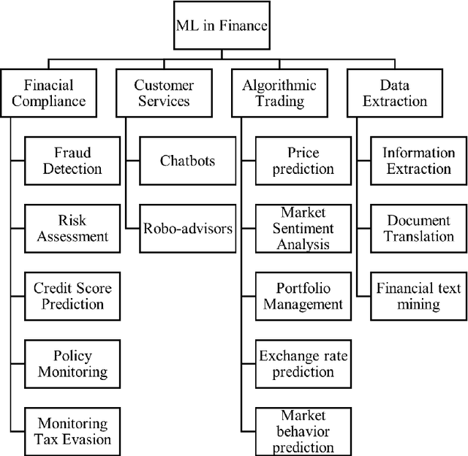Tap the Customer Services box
pyautogui.click(x=164, y=93)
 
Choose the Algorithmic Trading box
pyautogui.click(x=279, y=93)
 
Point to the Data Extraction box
pyautogui.click(x=395, y=93)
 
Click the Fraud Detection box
pyautogui.click(x=72, y=161)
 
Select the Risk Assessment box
pyautogui.click(x=72, y=228)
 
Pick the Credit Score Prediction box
pyautogui.click(x=72, y=295)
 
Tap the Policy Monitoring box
pyautogui.click(x=72, y=363)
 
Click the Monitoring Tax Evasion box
pyautogui.click(x=72, y=430)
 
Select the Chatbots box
pyautogui.click(x=188, y=160)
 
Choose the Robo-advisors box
pyautogui.click(x=188, y=228)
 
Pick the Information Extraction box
pyautogui.click(x=419, y=161)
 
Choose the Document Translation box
pyautogui.click(x=419, y=228)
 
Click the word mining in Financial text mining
pyautogui.click(x=418, y=304)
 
